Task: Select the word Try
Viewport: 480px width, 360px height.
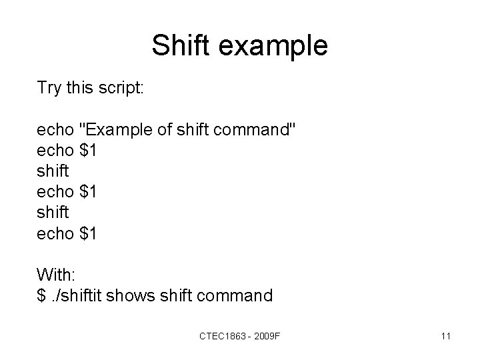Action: [50, 89]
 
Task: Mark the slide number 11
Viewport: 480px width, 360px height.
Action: [446, 335]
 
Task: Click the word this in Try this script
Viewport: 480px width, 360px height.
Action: [80, 89]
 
